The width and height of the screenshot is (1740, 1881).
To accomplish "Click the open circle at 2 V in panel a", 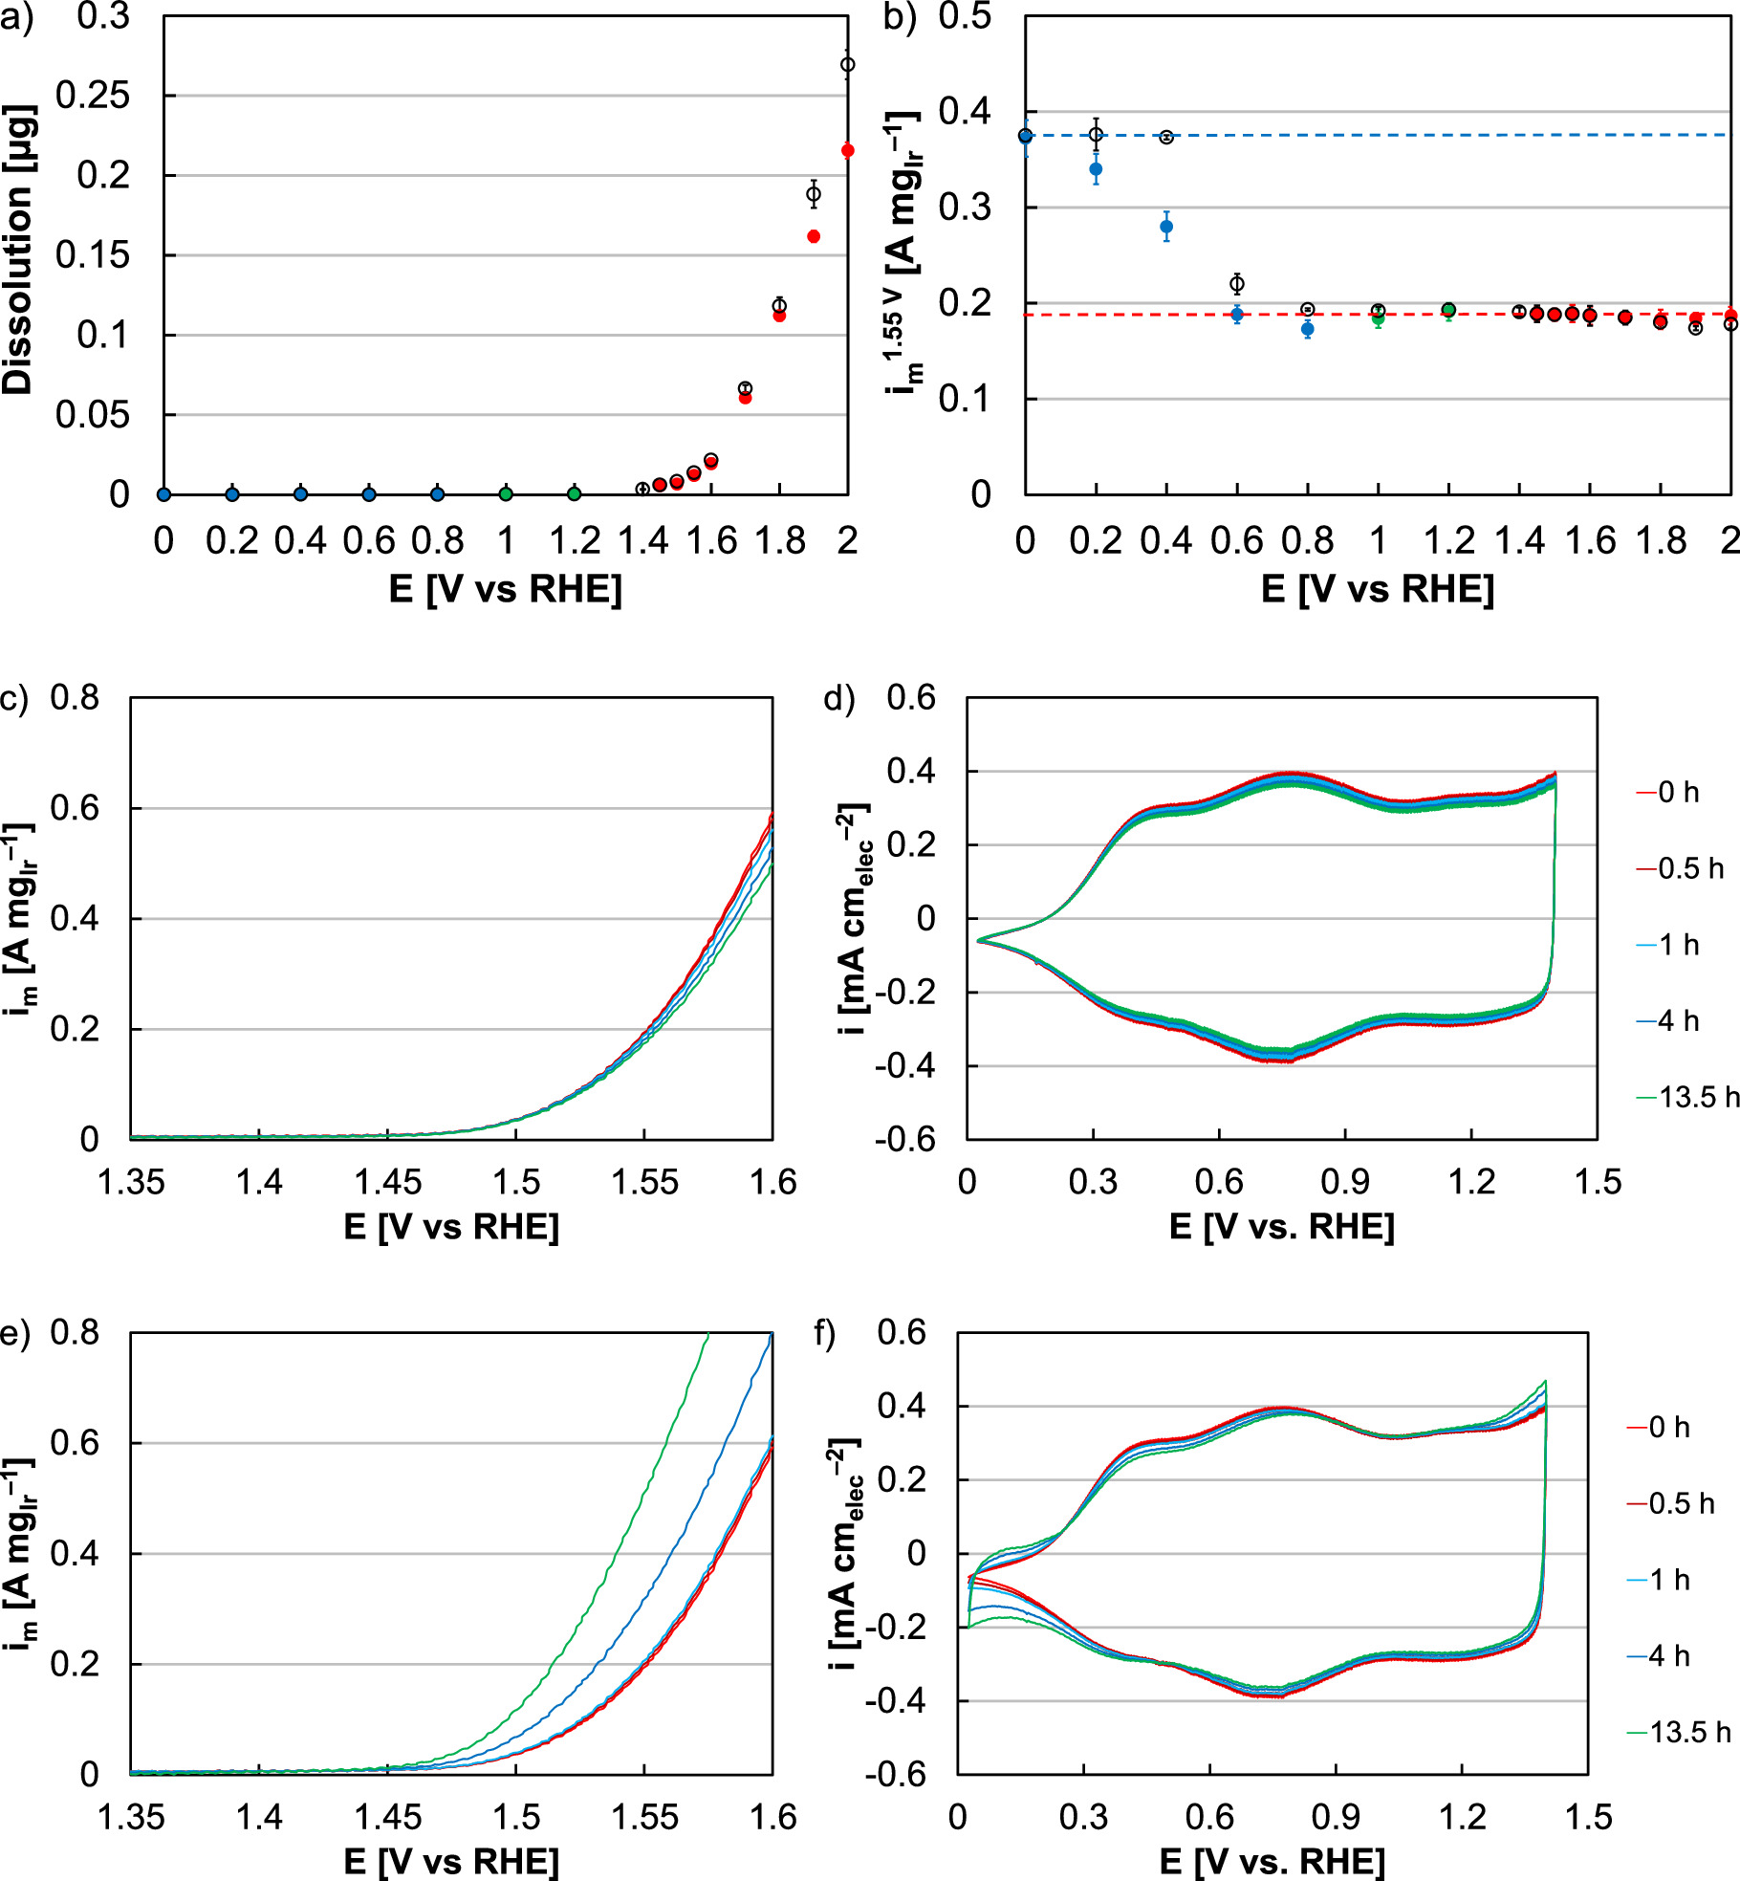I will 847,65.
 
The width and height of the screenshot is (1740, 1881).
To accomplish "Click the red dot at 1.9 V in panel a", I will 814,236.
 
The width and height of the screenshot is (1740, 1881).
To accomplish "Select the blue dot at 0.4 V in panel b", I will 1166,227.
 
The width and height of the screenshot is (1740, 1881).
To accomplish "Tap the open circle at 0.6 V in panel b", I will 1237,284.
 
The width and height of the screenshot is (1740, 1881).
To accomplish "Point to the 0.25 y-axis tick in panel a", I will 93,96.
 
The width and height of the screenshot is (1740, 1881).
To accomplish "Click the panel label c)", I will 14,698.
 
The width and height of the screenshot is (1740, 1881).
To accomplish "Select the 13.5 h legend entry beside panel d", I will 1687,1097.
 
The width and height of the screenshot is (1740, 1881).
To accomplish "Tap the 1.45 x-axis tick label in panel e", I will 387,1816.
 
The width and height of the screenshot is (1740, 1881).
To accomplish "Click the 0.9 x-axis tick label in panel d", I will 1345,1182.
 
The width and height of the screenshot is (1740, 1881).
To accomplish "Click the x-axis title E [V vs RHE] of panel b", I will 1377,589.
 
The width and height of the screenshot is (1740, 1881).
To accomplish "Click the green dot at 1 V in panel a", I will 506,494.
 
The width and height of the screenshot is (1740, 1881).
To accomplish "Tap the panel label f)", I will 825,1333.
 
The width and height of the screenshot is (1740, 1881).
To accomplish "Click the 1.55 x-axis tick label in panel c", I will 643,1182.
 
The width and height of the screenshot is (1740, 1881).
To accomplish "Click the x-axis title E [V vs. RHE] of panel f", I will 1272,1861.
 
